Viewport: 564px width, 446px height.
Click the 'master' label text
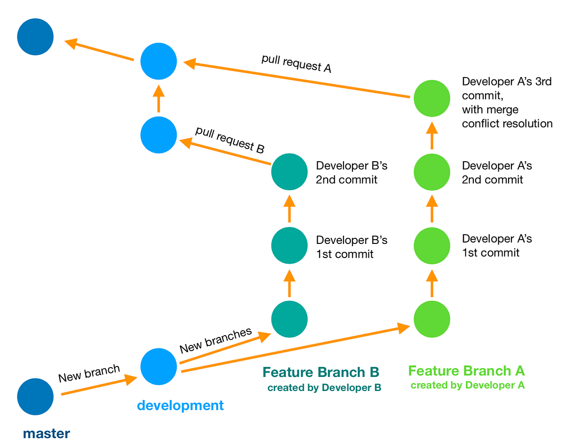pos(47,433)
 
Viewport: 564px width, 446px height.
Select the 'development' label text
pos(180,405)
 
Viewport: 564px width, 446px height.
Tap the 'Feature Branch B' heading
pos(321,372)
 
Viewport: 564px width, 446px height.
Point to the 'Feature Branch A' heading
pos(466,371)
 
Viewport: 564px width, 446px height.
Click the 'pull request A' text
pos(297,63)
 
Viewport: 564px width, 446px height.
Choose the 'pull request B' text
pos(229,140)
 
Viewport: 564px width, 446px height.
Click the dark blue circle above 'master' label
pos(36,397)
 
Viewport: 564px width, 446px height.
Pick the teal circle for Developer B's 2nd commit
pos(290,172)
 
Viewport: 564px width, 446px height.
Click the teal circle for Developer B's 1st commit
pos(290,246)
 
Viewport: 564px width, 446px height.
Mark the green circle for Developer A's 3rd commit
pos(432,99)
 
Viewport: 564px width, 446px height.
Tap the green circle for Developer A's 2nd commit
pos(432,172)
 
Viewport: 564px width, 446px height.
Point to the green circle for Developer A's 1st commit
pos(432,246)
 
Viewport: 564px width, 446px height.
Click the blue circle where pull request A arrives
pos(159,61)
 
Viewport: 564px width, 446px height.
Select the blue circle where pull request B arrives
pos(159,135)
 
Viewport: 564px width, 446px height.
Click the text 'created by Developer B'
pos(324,388)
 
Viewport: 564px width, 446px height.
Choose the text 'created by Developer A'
pos(468,385)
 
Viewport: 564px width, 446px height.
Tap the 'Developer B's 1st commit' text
pos(352,247)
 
